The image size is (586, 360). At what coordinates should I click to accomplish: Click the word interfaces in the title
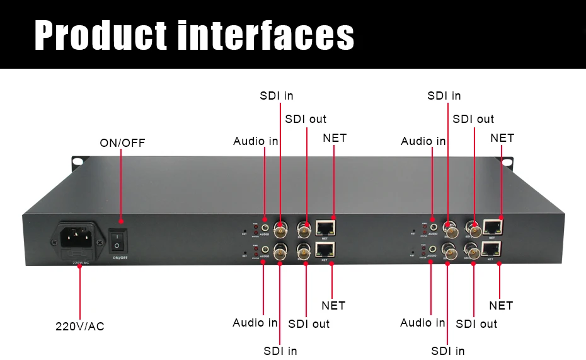[x=265, y=35]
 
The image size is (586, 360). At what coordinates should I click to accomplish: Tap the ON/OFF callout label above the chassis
[x=122, y=143]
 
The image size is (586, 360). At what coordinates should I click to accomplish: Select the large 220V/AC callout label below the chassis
[x=80, y=327]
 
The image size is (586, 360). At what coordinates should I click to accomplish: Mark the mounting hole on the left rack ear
[x=77, y=162]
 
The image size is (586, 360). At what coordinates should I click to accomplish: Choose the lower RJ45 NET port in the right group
[x=492, y=248]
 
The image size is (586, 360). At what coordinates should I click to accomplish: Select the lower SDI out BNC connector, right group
[x=473, y=250]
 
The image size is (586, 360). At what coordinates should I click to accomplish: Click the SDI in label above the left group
[x=277, y=96]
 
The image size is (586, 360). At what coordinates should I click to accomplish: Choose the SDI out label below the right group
[x=476, y=323]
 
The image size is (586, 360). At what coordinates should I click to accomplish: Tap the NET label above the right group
[x=502, y=137]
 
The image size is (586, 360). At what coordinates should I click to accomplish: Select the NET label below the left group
[x=333, y=305]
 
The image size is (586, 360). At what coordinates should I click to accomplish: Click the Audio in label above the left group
[x=255, y=141]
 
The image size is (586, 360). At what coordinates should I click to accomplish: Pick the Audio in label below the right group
[x=423, y=323]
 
